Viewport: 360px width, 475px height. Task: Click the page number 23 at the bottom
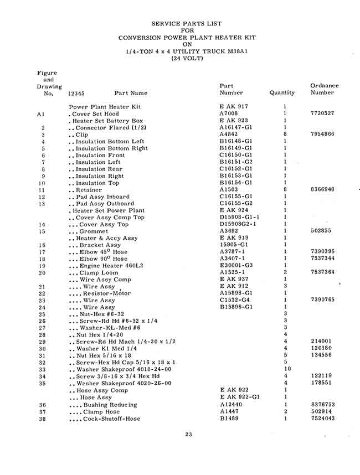tap(188, 434)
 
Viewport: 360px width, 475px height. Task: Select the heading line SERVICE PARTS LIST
tap(187, 24)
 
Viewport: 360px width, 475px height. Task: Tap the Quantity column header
tap(282, 93)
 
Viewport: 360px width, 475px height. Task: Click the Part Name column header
tap(131, 93)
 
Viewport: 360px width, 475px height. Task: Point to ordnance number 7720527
tap(322, 113)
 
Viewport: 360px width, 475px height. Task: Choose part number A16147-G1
tap(236, 127)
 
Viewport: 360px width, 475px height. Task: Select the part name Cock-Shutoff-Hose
tap(106, 419)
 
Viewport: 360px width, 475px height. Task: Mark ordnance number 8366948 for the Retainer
tap(322, 190)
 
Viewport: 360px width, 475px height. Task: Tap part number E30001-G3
tap(236, 266)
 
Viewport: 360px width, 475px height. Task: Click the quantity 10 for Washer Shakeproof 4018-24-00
tap(287, 369)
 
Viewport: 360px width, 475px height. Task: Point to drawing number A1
tap(40, 114)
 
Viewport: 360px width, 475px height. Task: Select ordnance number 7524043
tap(322, 419)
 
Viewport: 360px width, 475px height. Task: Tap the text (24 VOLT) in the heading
tap(187, 59)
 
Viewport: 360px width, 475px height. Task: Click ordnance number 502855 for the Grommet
tap(322, 231)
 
